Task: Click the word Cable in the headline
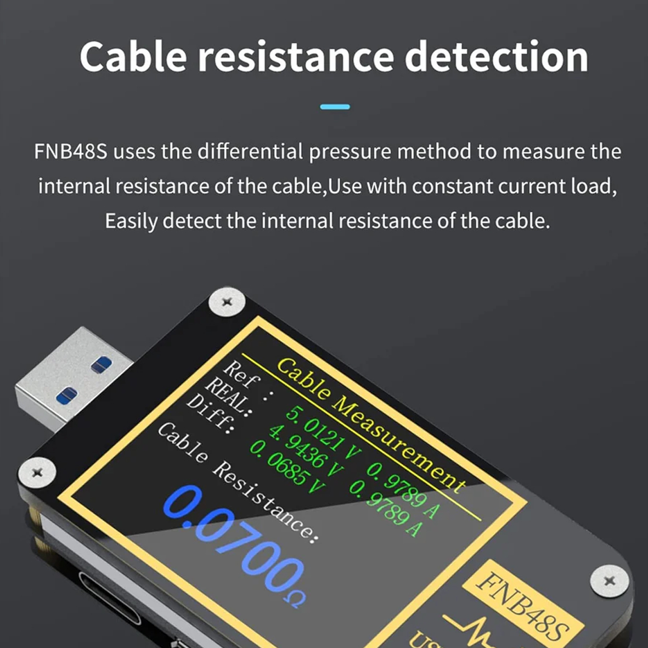tap(133, 56)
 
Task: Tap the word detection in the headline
tap(497, 56)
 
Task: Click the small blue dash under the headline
tap(335, 106)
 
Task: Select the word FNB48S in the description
tap(71, 151)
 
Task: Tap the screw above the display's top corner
tap(227, 302)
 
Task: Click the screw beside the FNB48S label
tap(608, 581)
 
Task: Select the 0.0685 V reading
tap(288, 467)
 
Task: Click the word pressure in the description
tap(350, 152)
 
